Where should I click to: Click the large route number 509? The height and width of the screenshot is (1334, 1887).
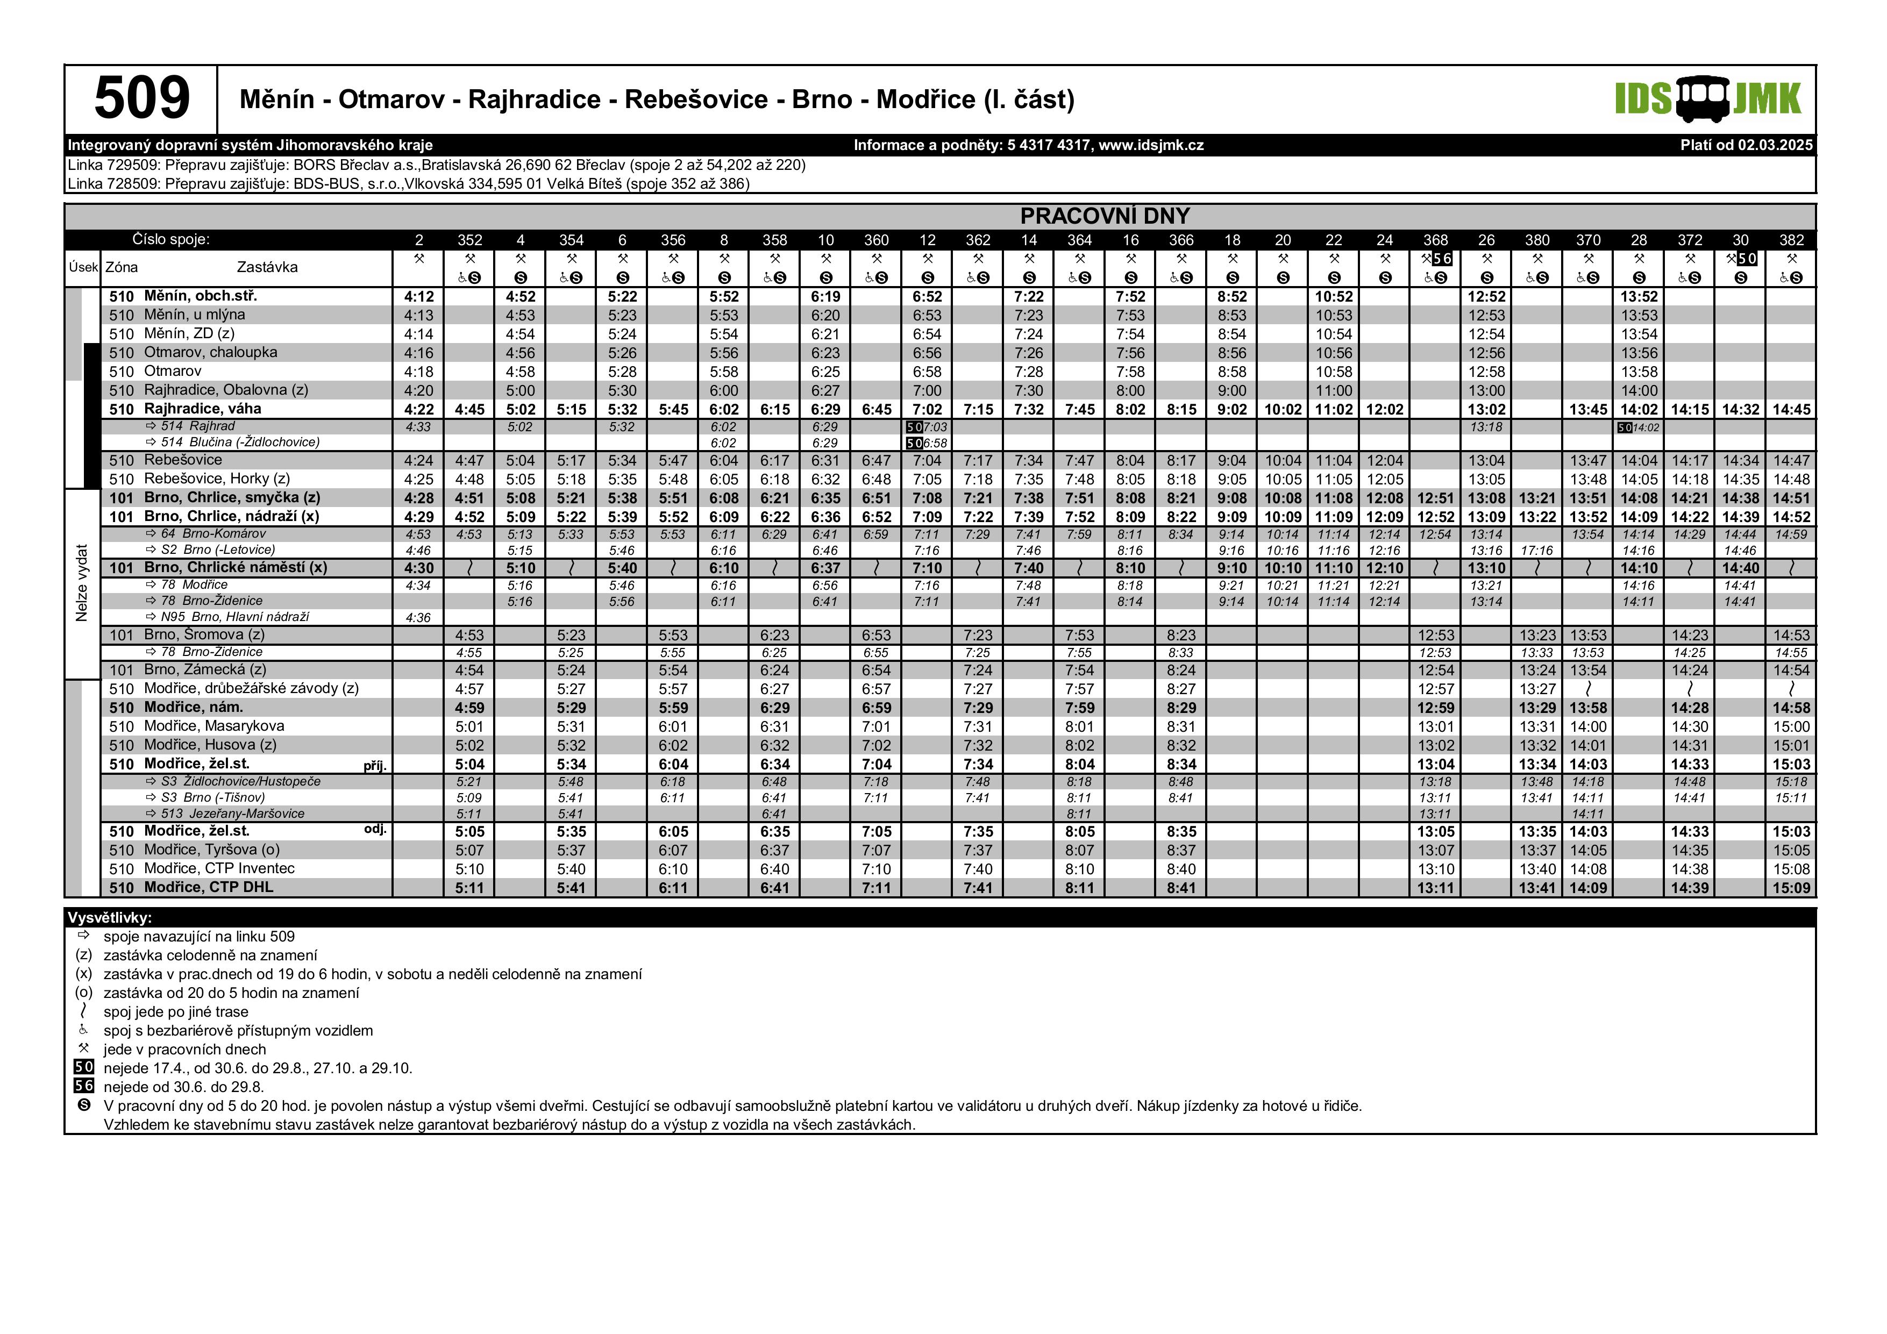coord(141,98)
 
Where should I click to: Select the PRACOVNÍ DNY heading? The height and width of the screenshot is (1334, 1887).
coord(1105,216)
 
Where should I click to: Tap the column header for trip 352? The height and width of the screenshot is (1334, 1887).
coord(469,240)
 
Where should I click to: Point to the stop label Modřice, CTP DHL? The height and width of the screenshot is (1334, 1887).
coord(208,887)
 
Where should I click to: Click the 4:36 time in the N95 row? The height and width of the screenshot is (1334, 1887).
coord(418,617)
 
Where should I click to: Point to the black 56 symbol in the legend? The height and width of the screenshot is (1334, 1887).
coord(84,1086)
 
